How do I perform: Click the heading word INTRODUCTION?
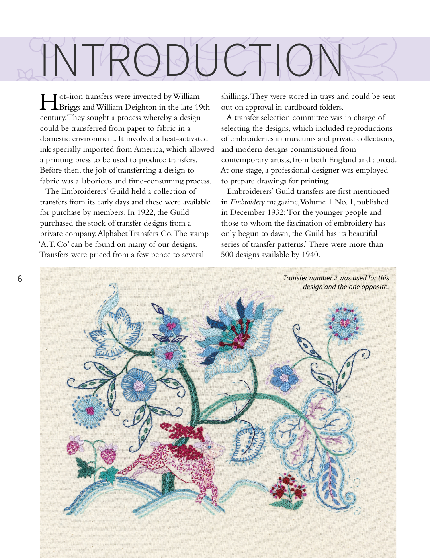pyautogui.click(x=192, y=60)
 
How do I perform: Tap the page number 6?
pyautogui.click(x=20, y=279)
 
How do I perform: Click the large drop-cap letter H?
pyautogui.click(x=49, y=102)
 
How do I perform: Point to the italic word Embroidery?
pyautogui.click(x=247, y=202)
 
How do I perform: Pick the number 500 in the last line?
pyautogui.click(x=227, y=255)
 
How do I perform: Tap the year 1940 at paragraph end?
pyautogui.click(x=310, y=255)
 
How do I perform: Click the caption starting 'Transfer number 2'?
pyautogui.click(x=336, y=282)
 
